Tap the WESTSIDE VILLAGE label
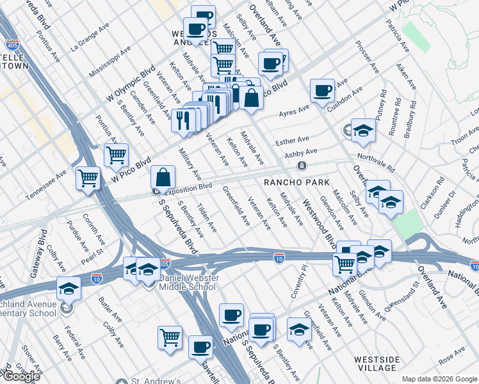click(x=378, y=364)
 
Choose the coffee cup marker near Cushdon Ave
click(x=322, y=90)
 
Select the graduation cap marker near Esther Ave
click(x=363, y=131)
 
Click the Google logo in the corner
click(x=20, y=376)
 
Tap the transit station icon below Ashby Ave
click(x=300, y=165)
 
